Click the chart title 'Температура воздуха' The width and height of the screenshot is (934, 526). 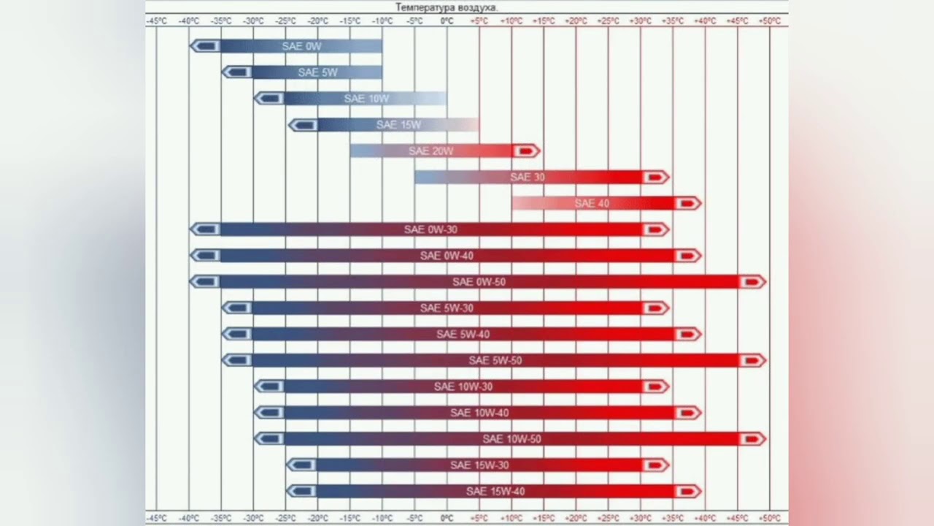pyautogui.click(x=447, y=7)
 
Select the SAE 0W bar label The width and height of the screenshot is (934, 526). pyautogui.click(x=301, y=46)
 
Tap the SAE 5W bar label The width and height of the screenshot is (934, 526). pyautogui.click(x=317, y=72)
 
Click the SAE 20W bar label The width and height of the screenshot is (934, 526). pyautogui.click(x=431, y=151)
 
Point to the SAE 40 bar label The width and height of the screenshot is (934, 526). pyautogui.click(x=592, y=203)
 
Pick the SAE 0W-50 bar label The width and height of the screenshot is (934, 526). pyautogui.click(x=479, y=282)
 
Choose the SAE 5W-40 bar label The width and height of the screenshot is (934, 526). pyautogui.click(x=463, y=335)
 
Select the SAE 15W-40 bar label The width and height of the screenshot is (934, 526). pyautogui.click(x=495, y=492)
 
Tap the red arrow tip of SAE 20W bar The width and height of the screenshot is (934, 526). pyautogui.click(x=526, y=151)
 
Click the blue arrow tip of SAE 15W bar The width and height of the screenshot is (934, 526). pyautogui.click(x=302, y=125)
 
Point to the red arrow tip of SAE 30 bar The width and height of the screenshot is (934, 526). pyautogui.click(x=655, y=178)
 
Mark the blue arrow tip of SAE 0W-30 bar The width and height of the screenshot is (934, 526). pyautogui.click(x=205, y=229)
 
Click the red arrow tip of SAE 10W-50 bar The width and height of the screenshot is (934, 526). pyautogui.click(x=752, y=439)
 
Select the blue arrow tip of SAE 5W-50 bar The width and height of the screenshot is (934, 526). pyautogui.click(x=237, y=360)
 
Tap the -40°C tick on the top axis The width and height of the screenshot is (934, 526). pyautogui.click(x=189, y=21)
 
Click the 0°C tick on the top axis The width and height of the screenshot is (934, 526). pyautogui.click(x=447, y=21)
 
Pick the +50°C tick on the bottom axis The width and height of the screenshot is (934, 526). pyautogui.click(x=769, y=518)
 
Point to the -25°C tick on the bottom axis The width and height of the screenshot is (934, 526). pyautogui.click(x=285, y=518)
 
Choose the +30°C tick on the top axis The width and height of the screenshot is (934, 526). pyautogui.click(x=640, y=21)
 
